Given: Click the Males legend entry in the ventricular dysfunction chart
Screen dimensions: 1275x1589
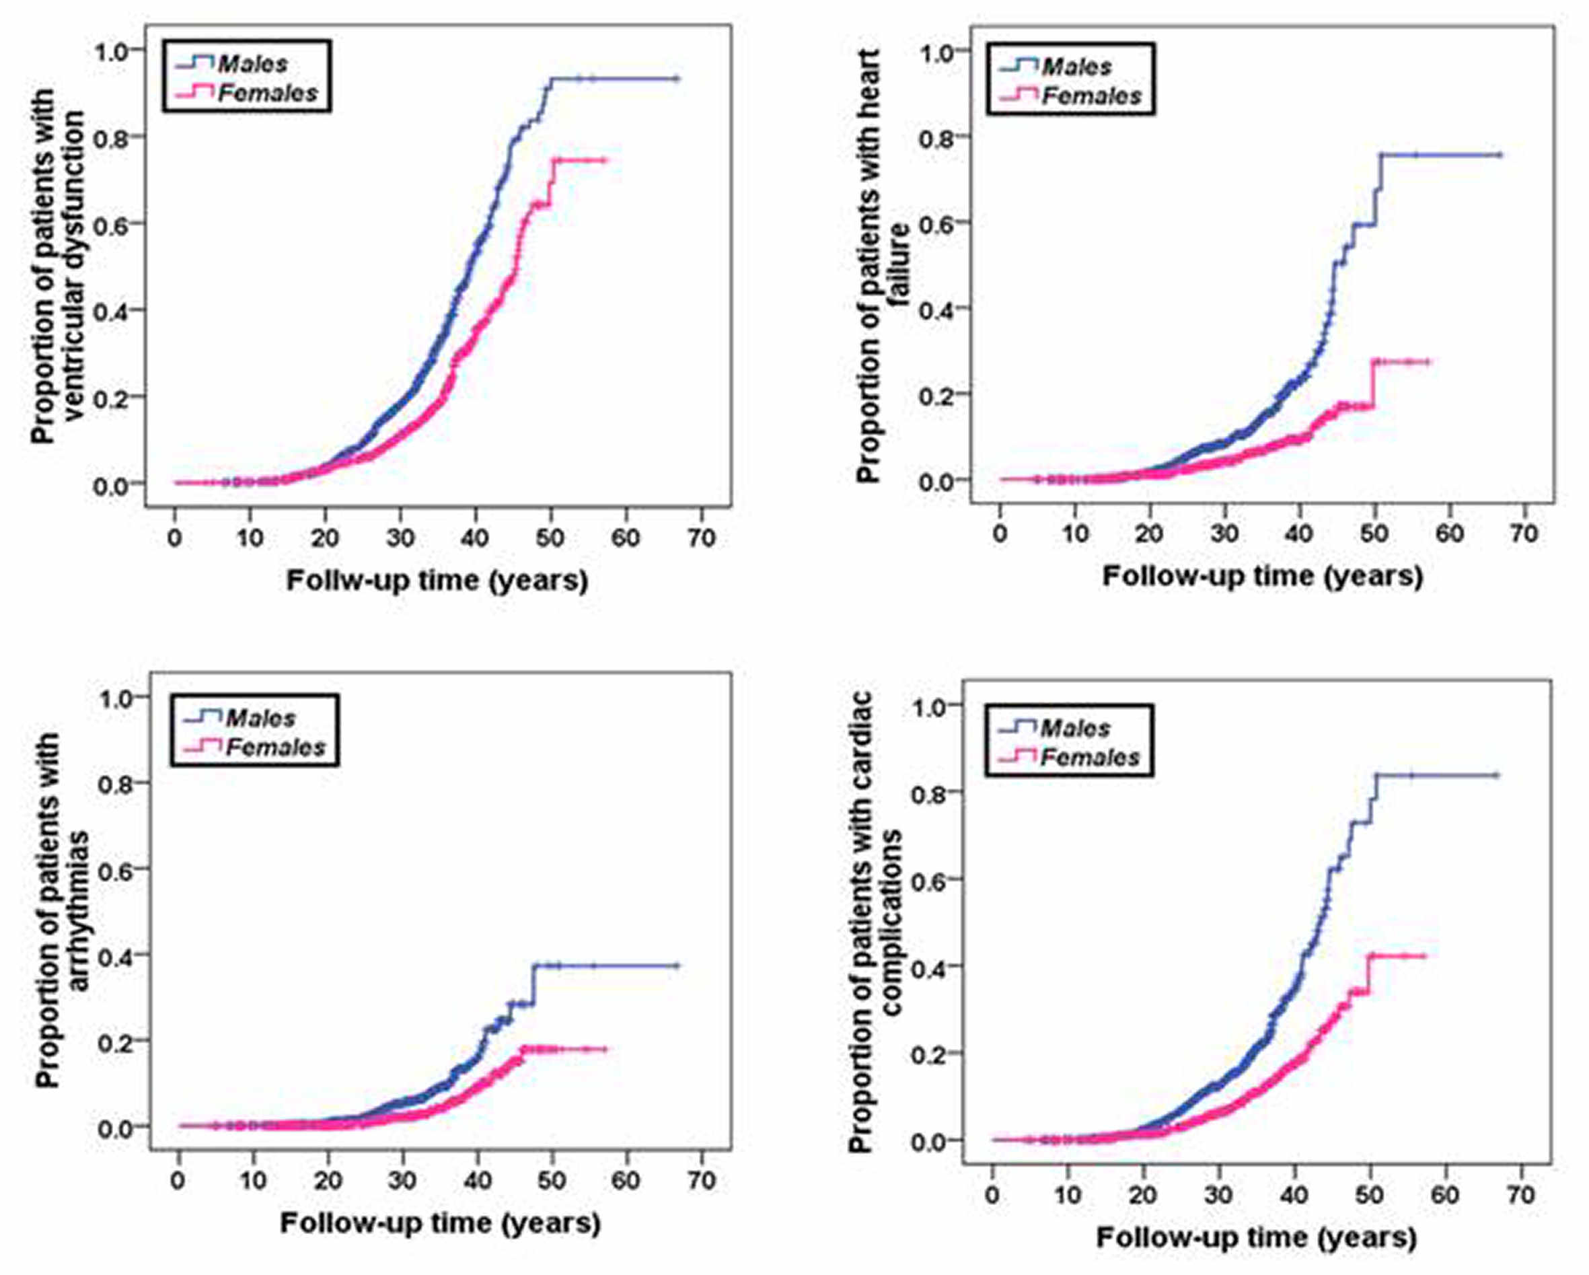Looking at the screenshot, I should click(x=250, y=64).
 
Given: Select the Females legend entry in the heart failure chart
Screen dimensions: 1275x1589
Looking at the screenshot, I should click(x=1089, y=96).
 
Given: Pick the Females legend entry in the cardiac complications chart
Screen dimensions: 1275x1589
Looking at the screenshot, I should click(x=1088, y=758).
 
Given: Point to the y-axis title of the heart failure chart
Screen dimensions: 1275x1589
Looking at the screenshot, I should click(x=881, y=265).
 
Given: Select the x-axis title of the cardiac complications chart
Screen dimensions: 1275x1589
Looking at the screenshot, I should click(x=1256, y=1237).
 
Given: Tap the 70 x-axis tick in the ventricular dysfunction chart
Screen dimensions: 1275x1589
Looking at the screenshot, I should click(x=701, y=538).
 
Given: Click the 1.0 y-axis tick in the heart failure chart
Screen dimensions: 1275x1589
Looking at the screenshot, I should click(x=935, y=51).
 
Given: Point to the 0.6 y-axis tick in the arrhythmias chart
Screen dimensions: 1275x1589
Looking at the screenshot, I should click(x=115, y=869).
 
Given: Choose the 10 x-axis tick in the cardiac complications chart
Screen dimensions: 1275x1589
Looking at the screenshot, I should click(x=1068, y=1195).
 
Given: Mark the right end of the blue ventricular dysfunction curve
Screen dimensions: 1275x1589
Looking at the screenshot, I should click(x=677, y=79).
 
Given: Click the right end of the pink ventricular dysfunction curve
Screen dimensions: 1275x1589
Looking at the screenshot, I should click(x=605, y=160).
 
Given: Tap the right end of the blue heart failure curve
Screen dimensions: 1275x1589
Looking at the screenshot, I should click(x=1500, y=155).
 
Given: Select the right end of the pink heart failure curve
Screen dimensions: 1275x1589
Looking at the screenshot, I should click(x=1428, y=361).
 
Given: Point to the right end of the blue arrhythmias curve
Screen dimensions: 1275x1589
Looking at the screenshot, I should click(x=677, y=966).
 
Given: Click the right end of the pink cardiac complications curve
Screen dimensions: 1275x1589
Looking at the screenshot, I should click(x=1424, y=956).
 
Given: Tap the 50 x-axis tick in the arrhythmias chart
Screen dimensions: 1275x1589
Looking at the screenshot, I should click(x=550, y=1181).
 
